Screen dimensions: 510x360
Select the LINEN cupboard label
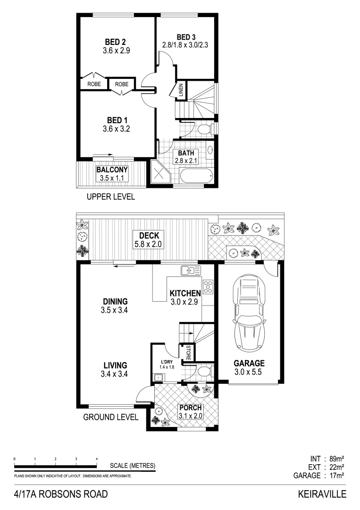pyautogui.click(x=181, y=90)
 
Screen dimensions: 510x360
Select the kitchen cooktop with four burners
pyautogui.click(x=208, y=286)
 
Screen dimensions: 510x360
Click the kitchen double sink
pyautogui.click(x=191, y=271)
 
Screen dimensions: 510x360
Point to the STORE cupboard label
pyautogui.click(x=187, y=353)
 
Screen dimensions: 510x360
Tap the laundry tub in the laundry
pyautogui.click(x=158, y=377)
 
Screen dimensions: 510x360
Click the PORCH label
pyautogui.click(x=190, y=408)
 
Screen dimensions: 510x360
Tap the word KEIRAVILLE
pyautogui.click(x=322, y=494)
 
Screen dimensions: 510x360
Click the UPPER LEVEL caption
pyautogui.click(x=109, y=197)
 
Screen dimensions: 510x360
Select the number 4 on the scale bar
pyautogui.click(x=96, y=459)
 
